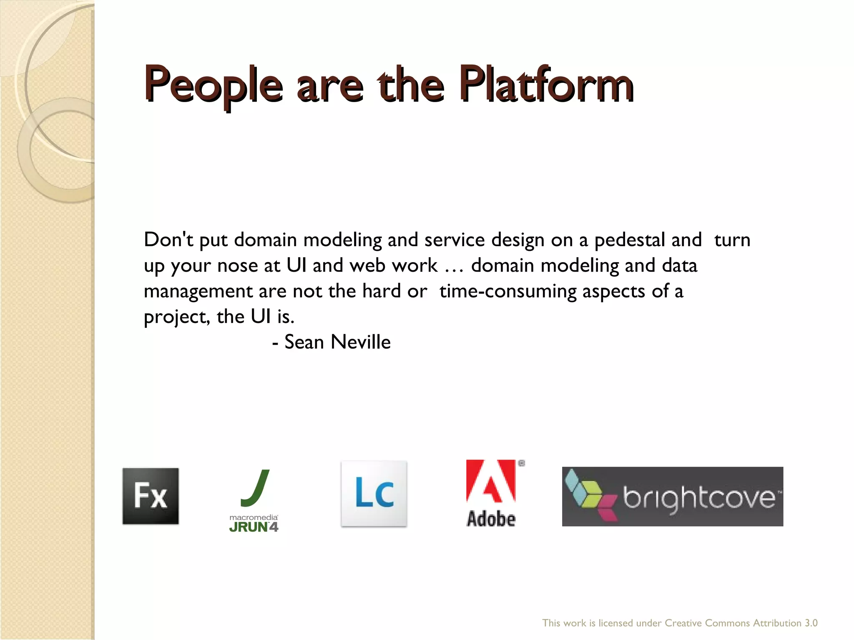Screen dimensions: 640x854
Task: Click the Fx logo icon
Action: point(151,496)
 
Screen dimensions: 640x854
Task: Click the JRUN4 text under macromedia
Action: point(254,527)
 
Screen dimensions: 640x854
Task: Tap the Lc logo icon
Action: point(374,494)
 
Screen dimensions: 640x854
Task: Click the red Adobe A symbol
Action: point(491,481)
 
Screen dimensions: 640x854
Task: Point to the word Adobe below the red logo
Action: point(491,519)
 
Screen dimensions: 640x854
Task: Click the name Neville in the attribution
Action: point(360,342)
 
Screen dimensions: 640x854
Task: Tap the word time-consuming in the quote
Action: point(507,291)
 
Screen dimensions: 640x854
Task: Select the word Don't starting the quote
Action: point(168,240)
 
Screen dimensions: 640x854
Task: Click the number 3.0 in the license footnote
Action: point(811,623)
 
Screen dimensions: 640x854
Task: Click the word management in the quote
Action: point(198,291)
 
